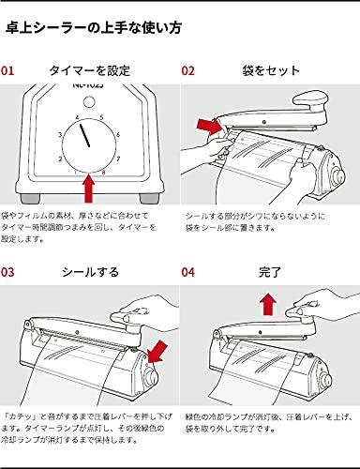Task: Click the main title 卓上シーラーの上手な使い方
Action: pos(94,28)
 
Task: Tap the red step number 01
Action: pos(7,70)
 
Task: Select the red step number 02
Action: pos(187,70)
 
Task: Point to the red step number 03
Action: pos(7,272)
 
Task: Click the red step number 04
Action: pos(187,272)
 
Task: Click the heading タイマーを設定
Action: pos(89,70)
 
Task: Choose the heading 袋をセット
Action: pos(271,70)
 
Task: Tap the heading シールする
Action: pos(90,272)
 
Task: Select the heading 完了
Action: pos(270,272)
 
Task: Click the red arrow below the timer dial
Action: pos(89,189)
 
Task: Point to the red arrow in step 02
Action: pos(208,126)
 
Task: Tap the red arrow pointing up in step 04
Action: pos(269,305)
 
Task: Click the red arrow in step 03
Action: pos(157,352)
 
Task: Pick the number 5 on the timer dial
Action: pos(101,117)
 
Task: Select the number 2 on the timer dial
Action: pos(60,159)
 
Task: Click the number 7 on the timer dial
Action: pos(118,159)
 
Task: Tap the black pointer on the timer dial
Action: pos(84,135)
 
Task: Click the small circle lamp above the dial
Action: pos(89,100)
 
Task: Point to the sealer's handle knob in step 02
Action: pos(311,101)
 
